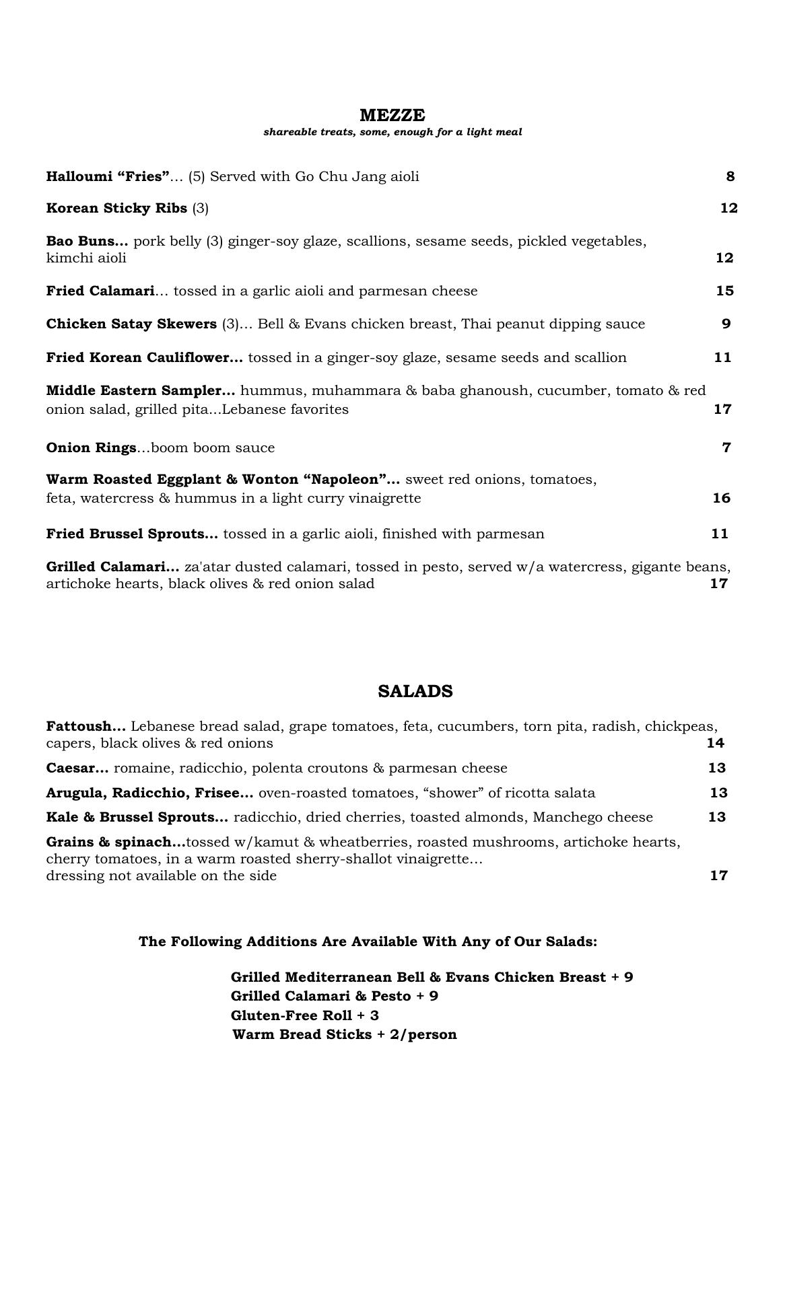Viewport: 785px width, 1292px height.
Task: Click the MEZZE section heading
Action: click(392, 115)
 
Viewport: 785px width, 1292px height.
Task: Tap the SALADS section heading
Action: click(415, 691)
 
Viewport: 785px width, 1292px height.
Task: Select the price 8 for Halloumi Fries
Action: click(730, 176)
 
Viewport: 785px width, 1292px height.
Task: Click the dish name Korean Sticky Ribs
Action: click(116, 208)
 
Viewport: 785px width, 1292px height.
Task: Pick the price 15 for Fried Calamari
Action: click(724, 291)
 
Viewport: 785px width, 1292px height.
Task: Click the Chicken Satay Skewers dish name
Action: click(131, 324)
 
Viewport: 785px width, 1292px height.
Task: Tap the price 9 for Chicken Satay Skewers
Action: click(726, 324)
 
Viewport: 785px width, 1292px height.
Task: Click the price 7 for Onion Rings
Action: click(726, 447)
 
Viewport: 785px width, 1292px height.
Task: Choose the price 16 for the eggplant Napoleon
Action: click(721, 498)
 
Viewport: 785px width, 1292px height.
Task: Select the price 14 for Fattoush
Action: click(715, 743)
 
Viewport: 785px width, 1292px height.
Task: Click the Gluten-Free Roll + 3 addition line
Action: click(304, 1015)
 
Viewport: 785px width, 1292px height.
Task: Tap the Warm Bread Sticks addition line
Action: click(344, 1034)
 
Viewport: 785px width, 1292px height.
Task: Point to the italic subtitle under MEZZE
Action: click(392, 132)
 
